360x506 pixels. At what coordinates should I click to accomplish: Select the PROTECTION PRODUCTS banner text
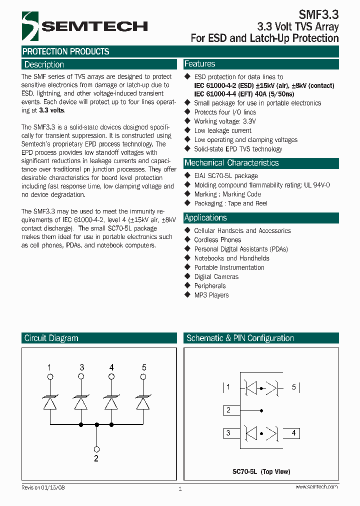[65, 51]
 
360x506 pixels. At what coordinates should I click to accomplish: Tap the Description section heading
[44, 64]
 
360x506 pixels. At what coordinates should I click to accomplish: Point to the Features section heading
[199, 64]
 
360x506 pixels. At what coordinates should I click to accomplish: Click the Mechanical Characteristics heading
[231, 163]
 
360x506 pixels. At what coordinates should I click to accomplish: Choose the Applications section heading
[205, 218]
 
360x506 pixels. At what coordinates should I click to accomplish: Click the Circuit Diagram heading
[51, 338]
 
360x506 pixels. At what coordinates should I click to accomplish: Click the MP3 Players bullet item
[211, 295]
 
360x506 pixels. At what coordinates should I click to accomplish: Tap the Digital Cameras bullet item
[216, 276]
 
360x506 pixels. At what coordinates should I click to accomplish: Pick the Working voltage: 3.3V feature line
[224, 121]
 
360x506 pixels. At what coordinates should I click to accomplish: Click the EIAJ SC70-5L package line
[225, 176]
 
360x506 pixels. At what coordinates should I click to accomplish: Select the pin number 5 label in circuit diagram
[144, 367]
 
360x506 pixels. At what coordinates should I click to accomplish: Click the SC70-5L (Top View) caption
[261, 471]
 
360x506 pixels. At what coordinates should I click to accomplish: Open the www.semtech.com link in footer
[316, 486]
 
